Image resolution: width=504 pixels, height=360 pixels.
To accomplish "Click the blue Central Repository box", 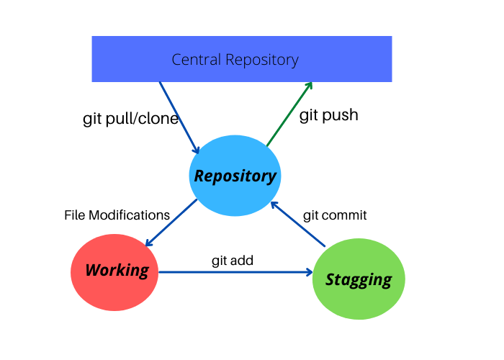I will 241,58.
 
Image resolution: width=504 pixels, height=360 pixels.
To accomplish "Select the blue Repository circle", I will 235,175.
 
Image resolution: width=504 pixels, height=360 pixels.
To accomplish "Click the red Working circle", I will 116,271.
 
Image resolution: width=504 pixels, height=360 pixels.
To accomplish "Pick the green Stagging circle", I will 359,279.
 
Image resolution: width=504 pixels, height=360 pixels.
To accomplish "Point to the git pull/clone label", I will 130,119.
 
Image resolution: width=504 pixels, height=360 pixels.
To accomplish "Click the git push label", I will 328,114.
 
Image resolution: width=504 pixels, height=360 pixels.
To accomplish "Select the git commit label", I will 335,215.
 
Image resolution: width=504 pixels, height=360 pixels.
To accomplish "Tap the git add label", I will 232,260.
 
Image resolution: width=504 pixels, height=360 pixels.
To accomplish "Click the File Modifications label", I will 117,215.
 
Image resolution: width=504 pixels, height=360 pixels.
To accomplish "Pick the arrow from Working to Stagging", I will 234,272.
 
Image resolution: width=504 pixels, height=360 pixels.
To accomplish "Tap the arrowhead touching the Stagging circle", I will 310,272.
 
